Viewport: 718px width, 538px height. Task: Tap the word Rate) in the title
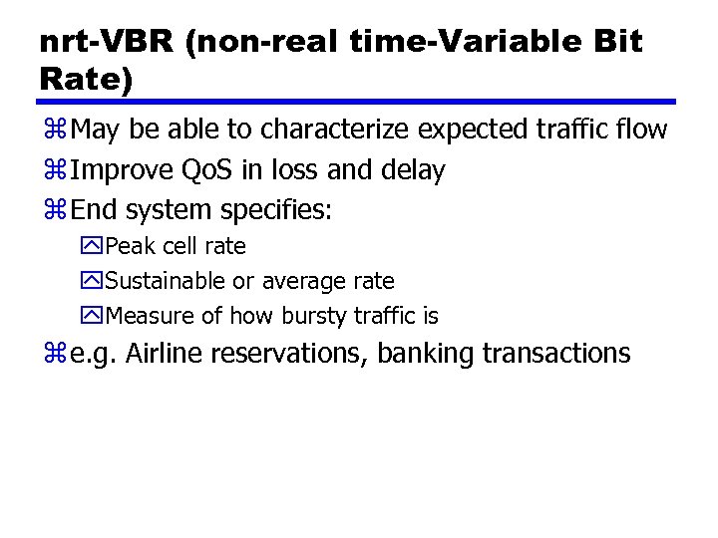point(86,80)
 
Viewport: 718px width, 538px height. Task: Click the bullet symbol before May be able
point(54,131)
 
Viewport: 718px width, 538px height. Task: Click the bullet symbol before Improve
point(54,171)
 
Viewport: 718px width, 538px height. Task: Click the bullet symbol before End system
point(54,211)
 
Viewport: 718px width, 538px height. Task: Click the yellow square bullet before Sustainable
point(94,282)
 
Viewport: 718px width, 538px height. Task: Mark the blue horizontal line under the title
point(357,102)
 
